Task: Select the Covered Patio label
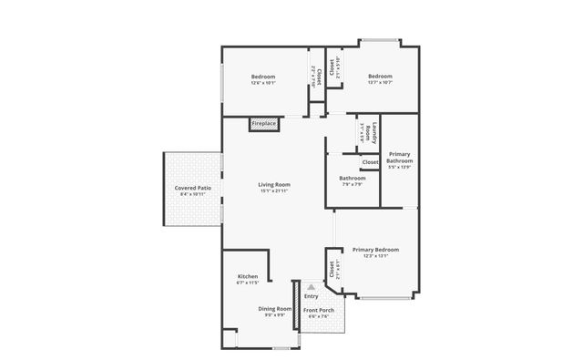coord(193,189)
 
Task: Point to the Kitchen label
coord(248,276)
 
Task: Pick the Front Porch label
coord(319,311)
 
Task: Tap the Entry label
coord(312,296)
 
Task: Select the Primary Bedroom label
coord(375,249)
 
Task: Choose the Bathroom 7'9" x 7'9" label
coord(353,178)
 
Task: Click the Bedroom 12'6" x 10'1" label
coord(262,77)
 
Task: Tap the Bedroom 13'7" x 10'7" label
coord(380,77)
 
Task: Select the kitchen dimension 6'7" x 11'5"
coord(248,283)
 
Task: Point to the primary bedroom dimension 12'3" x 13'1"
coord(375,256)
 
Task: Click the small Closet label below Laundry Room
coord(370,162)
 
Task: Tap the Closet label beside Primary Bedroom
coord(331,268)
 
